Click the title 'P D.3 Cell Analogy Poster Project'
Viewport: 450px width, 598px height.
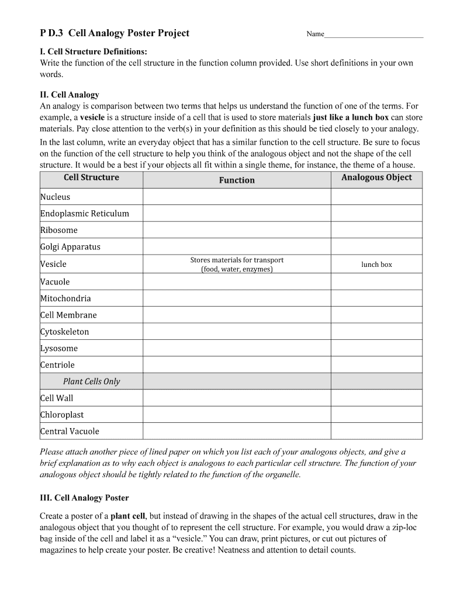click(115, 33)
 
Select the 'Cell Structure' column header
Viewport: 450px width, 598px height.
click(91, 178)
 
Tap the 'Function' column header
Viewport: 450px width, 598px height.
click(237, 180)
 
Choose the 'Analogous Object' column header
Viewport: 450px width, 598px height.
click(376, 178)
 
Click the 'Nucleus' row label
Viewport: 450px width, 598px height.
click(55, 197)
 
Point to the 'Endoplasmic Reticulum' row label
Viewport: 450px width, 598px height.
click(85, 213)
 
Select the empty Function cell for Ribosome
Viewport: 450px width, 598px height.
click(237, 230)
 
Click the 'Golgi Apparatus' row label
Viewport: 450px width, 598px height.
click(70, 246)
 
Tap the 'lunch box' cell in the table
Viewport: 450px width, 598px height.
click(376, 265)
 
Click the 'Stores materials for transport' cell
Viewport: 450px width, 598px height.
click(237, 265)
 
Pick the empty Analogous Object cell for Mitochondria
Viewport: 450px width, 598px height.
click(376, 298)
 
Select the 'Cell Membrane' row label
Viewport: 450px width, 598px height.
click(68, 315)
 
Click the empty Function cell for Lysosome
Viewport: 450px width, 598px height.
click(237, 348)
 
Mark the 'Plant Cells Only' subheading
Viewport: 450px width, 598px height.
click(91, 381)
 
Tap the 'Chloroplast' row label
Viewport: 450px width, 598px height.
click(62, 415)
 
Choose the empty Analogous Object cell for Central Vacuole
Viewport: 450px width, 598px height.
click(376, 432)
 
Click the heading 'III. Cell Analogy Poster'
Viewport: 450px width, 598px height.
click(84, 498)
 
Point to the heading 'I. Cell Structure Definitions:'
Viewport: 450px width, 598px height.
click(94, 52)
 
